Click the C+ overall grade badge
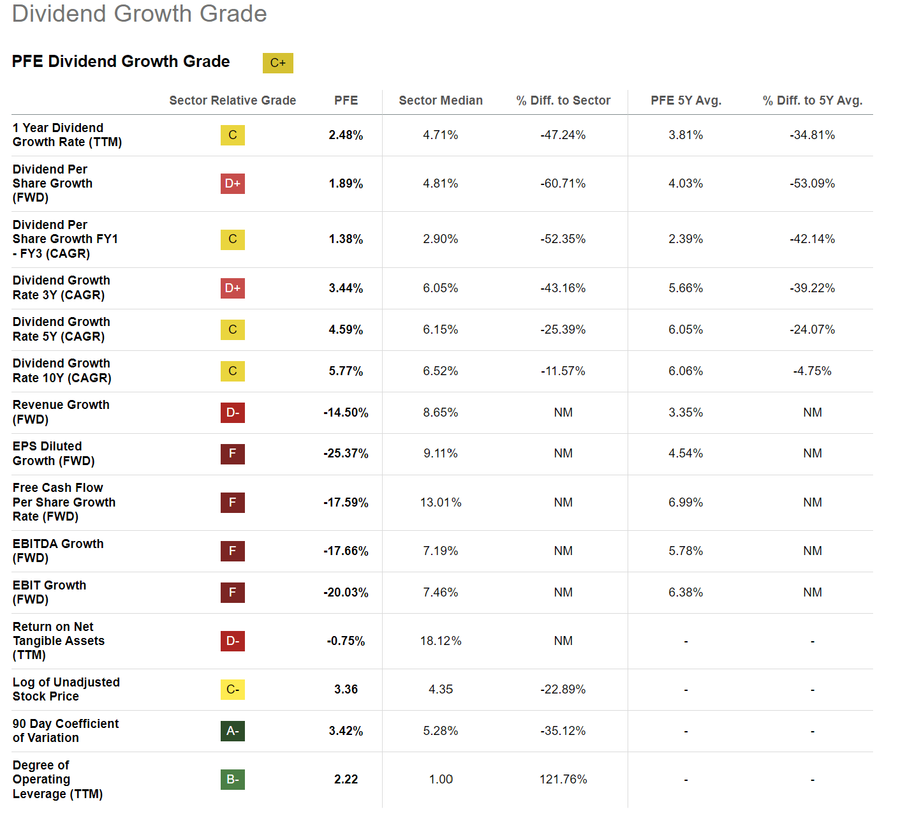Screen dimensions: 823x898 click(277, 63)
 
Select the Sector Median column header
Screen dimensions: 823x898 click(441, 101)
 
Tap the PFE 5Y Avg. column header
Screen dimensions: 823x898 click(686, 101)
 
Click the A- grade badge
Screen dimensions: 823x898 click(233, 731)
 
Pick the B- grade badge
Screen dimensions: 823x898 click(233, 780)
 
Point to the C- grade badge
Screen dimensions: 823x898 click(233, 690)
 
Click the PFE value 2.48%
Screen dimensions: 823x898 click(346, 135)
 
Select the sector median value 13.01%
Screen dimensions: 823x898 click(441, 503)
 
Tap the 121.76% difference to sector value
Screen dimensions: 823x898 click(563, 780)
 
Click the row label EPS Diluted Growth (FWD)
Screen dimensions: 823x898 click(54, 454)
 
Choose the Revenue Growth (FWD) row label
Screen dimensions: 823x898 click(61, 412)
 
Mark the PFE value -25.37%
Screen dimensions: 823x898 click(346, 454)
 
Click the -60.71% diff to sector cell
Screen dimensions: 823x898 click(563, 184)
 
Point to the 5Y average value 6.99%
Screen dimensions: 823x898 click(686, 503)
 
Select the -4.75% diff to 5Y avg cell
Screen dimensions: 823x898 click(812, 371)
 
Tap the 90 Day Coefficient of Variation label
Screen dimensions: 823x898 click(65, 731)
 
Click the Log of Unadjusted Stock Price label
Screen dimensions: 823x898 click(66, 690)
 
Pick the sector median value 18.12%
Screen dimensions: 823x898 click(441, 641)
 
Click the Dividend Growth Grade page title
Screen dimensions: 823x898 click(139, 14)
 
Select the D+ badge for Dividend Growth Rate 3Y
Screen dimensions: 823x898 click(233, 288)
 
